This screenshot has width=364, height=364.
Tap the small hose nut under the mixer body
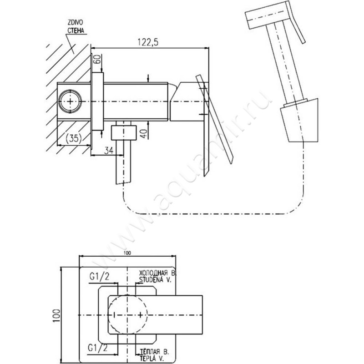point(124,131)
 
